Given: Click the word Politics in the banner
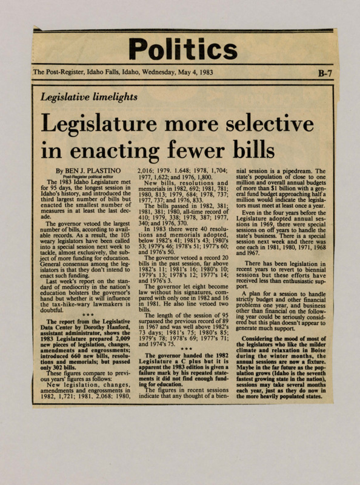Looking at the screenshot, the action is (182, 48).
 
